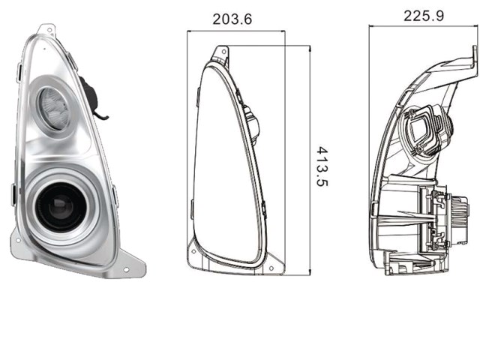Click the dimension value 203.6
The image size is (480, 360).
(232, 19)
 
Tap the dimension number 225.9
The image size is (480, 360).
(424, 16)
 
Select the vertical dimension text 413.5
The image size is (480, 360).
(322, 166)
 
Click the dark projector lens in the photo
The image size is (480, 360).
(60, 206)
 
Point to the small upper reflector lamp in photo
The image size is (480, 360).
(54, 108)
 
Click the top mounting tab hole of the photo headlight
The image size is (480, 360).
(49, 30)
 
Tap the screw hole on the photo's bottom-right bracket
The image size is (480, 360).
(126, 270)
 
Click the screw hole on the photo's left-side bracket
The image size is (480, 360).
(18, 240)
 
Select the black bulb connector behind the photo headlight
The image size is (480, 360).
(92, 97)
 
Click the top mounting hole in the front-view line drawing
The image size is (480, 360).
(224, 52)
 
